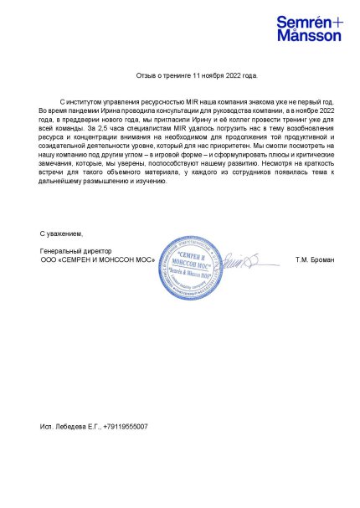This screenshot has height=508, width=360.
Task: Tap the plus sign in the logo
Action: tap(336, 21)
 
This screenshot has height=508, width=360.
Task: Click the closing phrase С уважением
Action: tap(62, 232)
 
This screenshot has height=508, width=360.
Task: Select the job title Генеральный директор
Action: tap(76, 252)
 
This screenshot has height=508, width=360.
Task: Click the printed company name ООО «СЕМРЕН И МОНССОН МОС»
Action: tap(92, 262)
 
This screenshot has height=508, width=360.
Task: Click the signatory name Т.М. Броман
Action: tap(314, 262)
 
